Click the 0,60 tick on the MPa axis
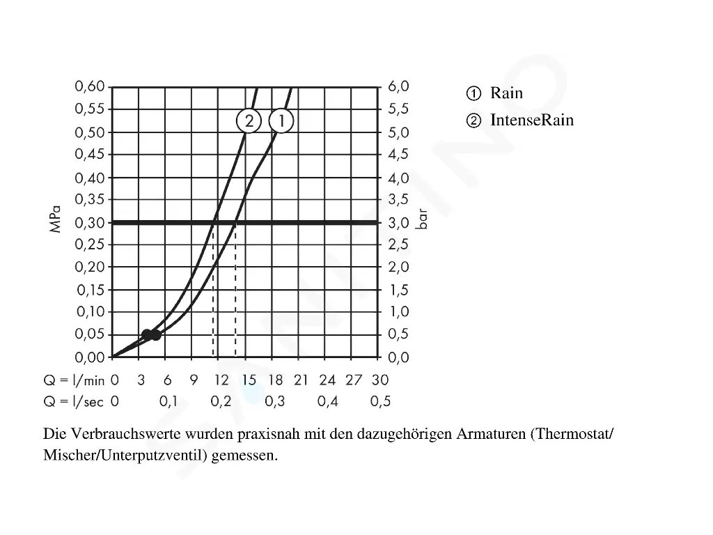(x=89, y=86)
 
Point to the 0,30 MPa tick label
(x=89, y=222)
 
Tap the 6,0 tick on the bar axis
(x=398, y=86)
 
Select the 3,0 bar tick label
(x=398, y=222)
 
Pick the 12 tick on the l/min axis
(x=221, y=380)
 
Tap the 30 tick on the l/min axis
(x=380, y=380)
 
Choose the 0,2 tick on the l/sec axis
(x=221, y=401)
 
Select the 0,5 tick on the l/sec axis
(x=380, y=401)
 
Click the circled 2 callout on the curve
(x=248, y=121)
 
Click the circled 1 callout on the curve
(x=281, y=121)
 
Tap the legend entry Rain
(x=506, y=93)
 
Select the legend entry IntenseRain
(x=532, y=120)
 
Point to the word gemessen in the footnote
(x=244, y=456)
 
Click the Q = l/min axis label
(x=74, y=380)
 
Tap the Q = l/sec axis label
(x=74, y=402)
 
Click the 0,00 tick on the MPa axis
(x=89, y=357)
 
